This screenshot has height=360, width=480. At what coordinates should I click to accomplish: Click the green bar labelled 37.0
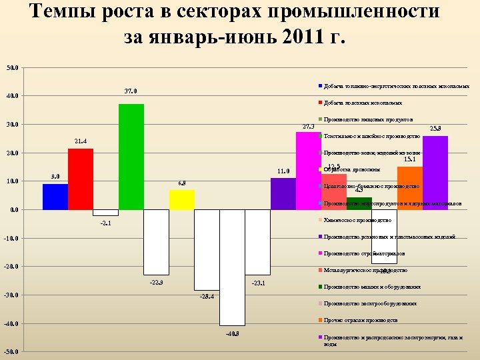[x=131, y=157]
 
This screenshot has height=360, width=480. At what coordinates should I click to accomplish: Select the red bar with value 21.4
[x=81, y=179]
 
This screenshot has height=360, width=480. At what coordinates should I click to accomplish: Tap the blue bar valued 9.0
[x=55, y=197]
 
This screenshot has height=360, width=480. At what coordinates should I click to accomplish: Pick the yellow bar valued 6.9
[x=182, y=200]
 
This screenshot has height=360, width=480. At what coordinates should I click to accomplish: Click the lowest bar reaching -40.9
[x=232, y=267]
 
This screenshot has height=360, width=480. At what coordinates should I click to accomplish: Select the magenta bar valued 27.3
[x=309, y=171]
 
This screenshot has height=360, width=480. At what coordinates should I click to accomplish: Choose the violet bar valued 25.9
[x=435, y=173]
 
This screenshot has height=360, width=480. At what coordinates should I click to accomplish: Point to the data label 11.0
[x=283, y=171]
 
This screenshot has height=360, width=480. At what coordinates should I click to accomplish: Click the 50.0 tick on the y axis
[x=12, y=67]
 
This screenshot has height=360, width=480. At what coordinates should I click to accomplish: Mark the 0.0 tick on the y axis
[x=13, y=210]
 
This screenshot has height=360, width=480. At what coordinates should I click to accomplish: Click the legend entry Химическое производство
[x=357, y=220]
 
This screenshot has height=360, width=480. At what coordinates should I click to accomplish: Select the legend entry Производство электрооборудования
[x=370, y=303]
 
